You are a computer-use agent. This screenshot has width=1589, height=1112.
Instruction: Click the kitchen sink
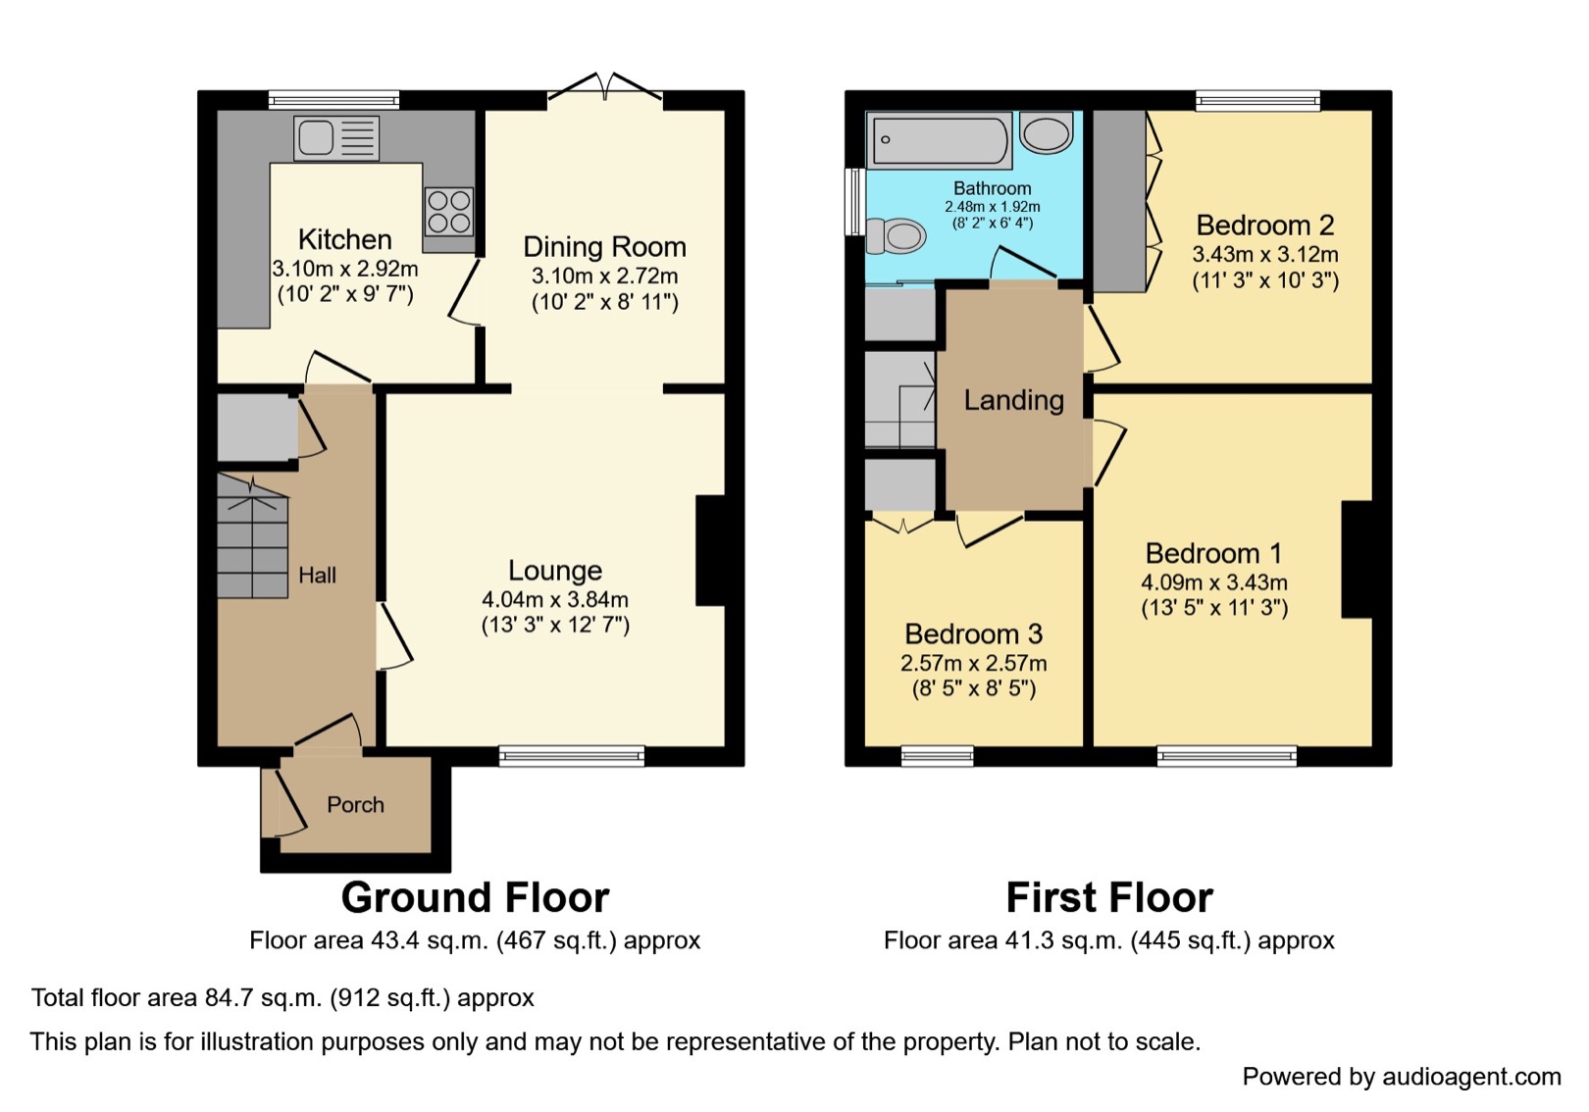pyautogui.click(x=336, y=137)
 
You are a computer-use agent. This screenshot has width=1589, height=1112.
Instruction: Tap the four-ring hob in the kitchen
pyautogui.click(x=449, y=212)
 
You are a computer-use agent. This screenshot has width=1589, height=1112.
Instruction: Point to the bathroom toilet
pyautogui.click(x=896, y=235)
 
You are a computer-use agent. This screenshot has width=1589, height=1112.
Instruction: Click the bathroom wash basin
pyautogui.click(x=1047, y=132)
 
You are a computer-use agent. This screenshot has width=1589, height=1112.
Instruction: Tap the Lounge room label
pyautogui.click(x=555, y=570)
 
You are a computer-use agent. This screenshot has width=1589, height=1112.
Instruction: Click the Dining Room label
pyautogui.click(x=604, y=247)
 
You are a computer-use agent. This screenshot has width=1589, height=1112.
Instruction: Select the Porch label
pyautogui.click(x=355, y=804)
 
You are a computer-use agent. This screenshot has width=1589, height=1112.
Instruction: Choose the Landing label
pyautogui.click(x=1013, y=401)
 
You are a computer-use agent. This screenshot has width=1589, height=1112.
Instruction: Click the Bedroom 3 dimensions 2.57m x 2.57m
pyautogui.click(x=973, y=663)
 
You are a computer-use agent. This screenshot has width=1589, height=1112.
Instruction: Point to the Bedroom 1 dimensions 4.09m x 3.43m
pyautogui.click(x=1213, y=582)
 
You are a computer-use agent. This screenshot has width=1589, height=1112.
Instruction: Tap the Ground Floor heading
pyautogui.click(x=476, y=897)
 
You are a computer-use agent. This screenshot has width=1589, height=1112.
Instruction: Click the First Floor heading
pyautogui.click(x=1109, y=897)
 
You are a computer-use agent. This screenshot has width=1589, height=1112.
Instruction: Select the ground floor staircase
pyautogui.click(x=252, y=537)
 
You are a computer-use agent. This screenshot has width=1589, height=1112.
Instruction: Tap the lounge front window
pyautogui.click(x=572, y=756)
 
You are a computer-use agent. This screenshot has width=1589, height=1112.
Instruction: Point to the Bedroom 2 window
pyautogui.click(x=1257, y=101)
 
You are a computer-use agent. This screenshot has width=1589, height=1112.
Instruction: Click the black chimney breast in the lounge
pyautogui.click(x=710, y=550)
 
